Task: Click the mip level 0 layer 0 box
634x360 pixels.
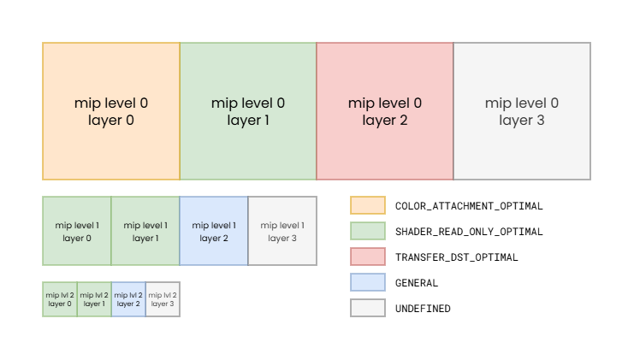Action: coord(111,111)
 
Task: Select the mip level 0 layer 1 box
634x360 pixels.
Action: coord(248,111)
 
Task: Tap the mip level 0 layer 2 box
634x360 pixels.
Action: coord(385,111)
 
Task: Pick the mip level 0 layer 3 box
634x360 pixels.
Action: coord(522,111)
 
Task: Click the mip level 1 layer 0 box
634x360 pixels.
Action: coord(77,231)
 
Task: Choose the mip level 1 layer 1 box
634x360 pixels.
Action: coord(145,231)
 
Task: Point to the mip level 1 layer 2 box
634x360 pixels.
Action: coord(214,231)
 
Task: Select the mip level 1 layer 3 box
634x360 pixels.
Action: coord(282,231)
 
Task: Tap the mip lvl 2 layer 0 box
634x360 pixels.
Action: coord(60,299)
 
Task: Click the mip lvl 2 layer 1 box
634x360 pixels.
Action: coord(94,299)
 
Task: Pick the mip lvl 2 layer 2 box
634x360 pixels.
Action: coord(128,299)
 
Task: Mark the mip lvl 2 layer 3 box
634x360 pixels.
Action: coord(163,299)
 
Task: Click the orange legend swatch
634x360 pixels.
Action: coord(368,205)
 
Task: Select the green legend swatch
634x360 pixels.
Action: coord(368,231)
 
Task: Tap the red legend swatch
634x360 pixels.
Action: coord(368,257)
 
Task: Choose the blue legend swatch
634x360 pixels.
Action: coord(368,282)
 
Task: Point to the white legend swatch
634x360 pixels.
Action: coord(368,308)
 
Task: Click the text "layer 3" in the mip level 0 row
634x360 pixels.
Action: coord(522,121)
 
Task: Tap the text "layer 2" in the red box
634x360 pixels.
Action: coord(385,121)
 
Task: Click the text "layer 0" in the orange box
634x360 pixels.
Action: coord(111,121)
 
